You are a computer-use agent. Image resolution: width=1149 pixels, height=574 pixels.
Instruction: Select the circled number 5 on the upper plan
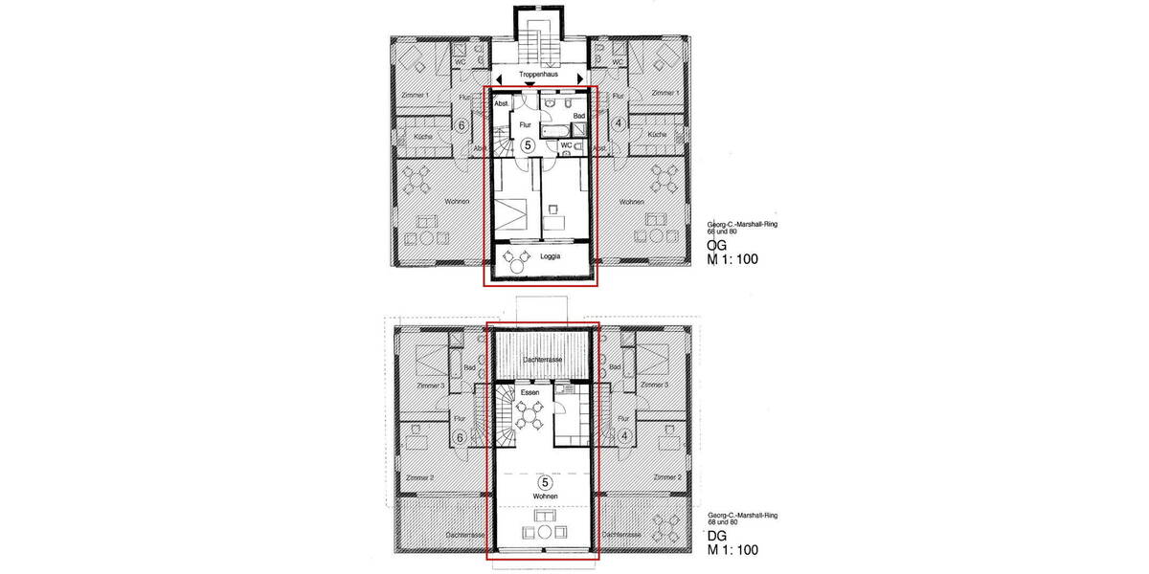tap(528, 145)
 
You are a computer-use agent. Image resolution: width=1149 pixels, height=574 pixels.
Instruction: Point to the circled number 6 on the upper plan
tap(461, 124)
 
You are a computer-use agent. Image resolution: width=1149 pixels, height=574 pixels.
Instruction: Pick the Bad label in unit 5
tap(578, 116)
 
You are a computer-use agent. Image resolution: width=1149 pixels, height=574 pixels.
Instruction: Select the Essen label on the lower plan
tap(530, 392)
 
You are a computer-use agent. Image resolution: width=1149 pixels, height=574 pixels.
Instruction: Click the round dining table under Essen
tap(529, 415)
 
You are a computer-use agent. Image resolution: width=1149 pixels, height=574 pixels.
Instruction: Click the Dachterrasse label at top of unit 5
tap(541, 359)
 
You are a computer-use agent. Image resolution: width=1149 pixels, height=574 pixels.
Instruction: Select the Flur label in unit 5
tap(525, 124)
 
